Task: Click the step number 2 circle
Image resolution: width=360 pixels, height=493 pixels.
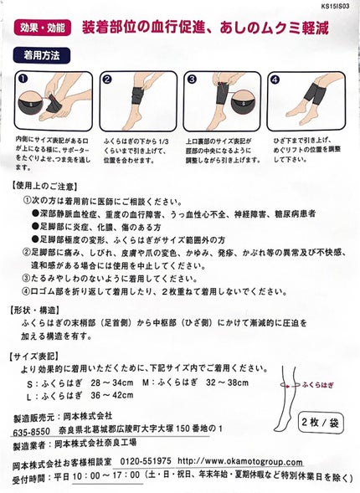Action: pos(107,78)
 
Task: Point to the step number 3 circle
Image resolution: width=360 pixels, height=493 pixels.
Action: pos(191,78)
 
